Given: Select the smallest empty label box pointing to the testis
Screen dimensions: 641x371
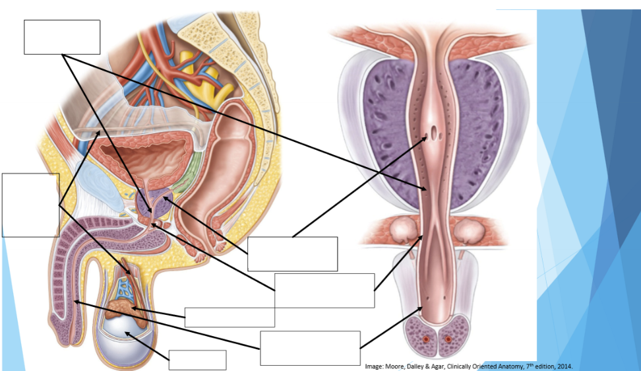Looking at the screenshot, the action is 197,360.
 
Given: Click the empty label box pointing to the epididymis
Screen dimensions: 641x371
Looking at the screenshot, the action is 229,318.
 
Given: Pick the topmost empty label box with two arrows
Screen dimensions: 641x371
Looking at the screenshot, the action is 62,37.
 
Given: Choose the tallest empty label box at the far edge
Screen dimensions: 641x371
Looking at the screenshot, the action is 30,205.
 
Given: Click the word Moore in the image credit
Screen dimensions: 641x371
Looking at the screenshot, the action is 394,366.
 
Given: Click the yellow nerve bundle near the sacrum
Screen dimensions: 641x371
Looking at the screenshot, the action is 204,76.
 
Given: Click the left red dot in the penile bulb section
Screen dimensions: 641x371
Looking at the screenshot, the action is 426,339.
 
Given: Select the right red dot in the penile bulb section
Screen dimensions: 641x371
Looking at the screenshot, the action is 448,339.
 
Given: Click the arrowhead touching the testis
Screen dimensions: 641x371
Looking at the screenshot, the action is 127,334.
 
